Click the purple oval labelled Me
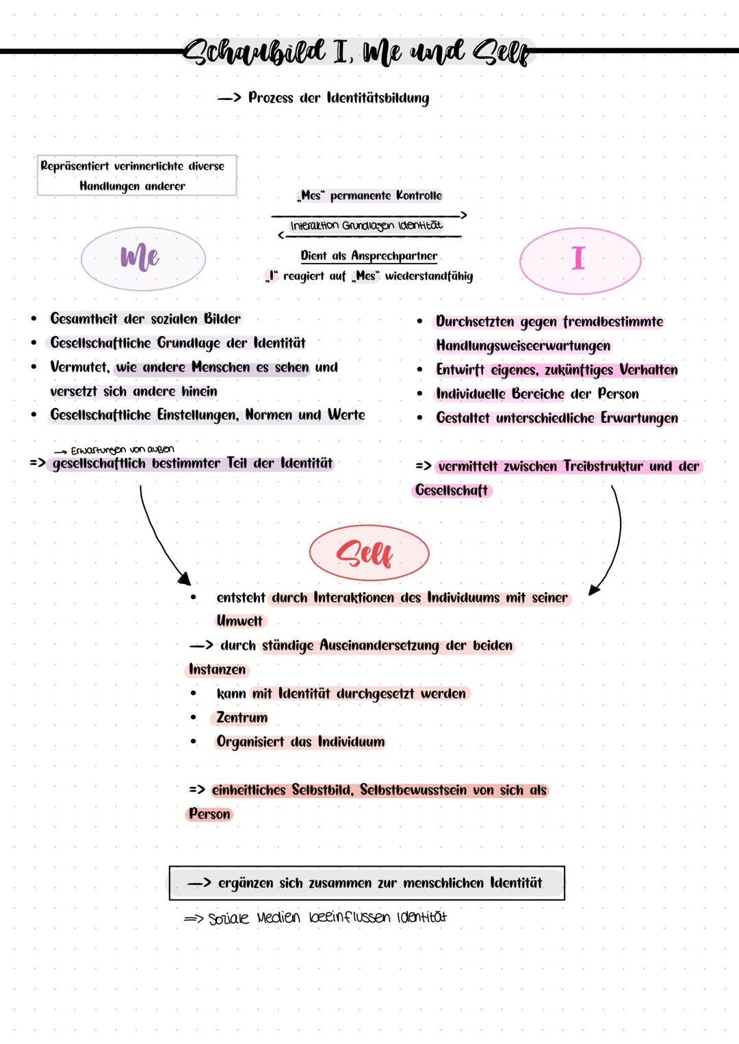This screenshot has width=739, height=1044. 143,259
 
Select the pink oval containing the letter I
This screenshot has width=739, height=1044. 580,259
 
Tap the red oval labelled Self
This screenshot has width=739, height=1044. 369,553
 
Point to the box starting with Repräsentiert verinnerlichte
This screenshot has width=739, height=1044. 136,175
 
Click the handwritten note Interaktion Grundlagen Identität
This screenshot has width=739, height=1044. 366,225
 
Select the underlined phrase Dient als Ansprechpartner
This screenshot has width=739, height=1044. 369,256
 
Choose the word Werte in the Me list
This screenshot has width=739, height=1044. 346,415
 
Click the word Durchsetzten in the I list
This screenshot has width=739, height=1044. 475,322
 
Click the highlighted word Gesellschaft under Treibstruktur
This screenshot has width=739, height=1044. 452,490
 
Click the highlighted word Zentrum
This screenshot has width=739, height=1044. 242,717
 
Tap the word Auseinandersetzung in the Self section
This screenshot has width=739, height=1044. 379,646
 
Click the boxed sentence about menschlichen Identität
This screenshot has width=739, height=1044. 367,883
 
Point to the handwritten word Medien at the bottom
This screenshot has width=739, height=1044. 278,917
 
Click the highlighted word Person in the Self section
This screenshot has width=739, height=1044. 209,814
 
